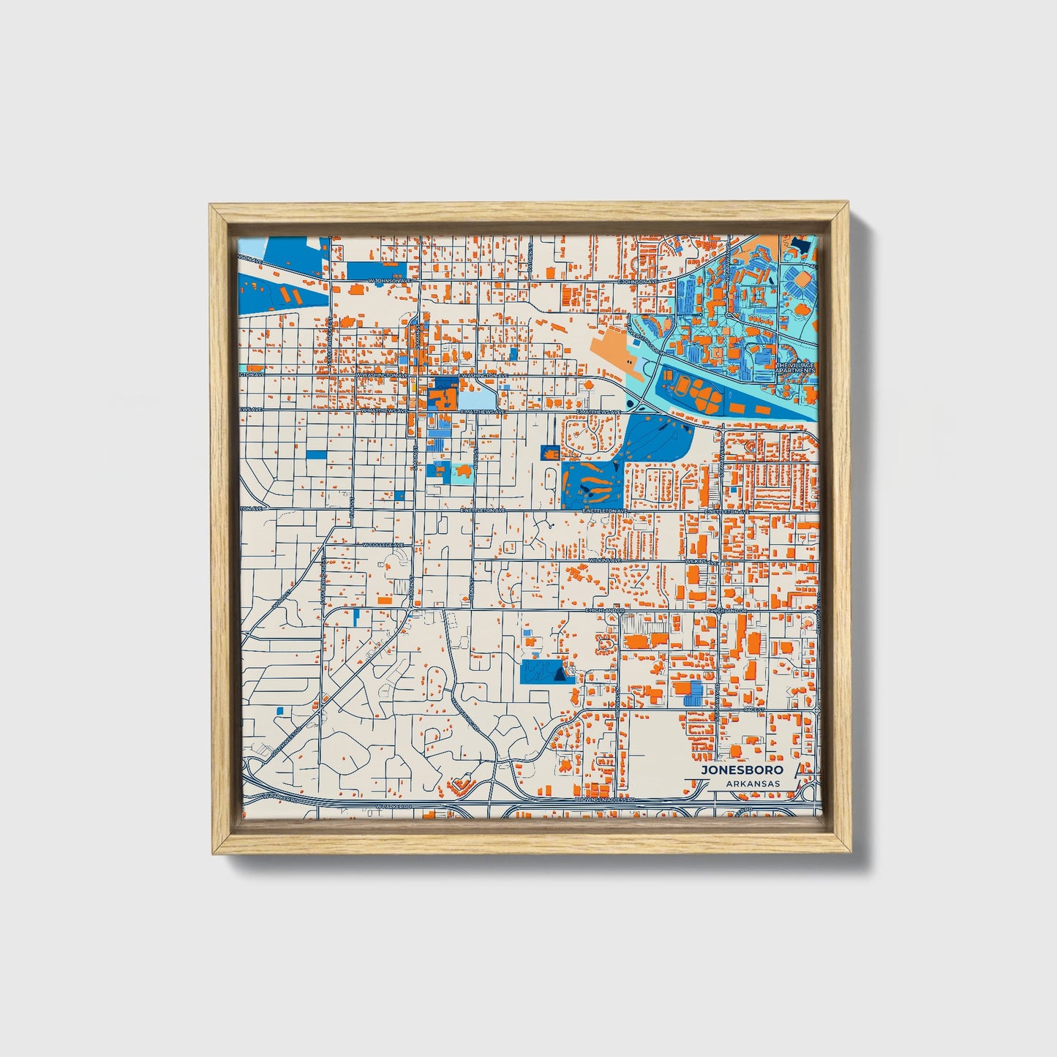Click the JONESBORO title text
click(742, 770)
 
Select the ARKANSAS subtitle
click(753, 783)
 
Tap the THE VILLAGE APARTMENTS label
click(795, 368)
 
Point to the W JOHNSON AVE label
click(385, 281)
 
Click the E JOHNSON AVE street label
click(635, 281)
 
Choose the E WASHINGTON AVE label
click(483, 375)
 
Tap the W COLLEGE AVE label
click(383, 545)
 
